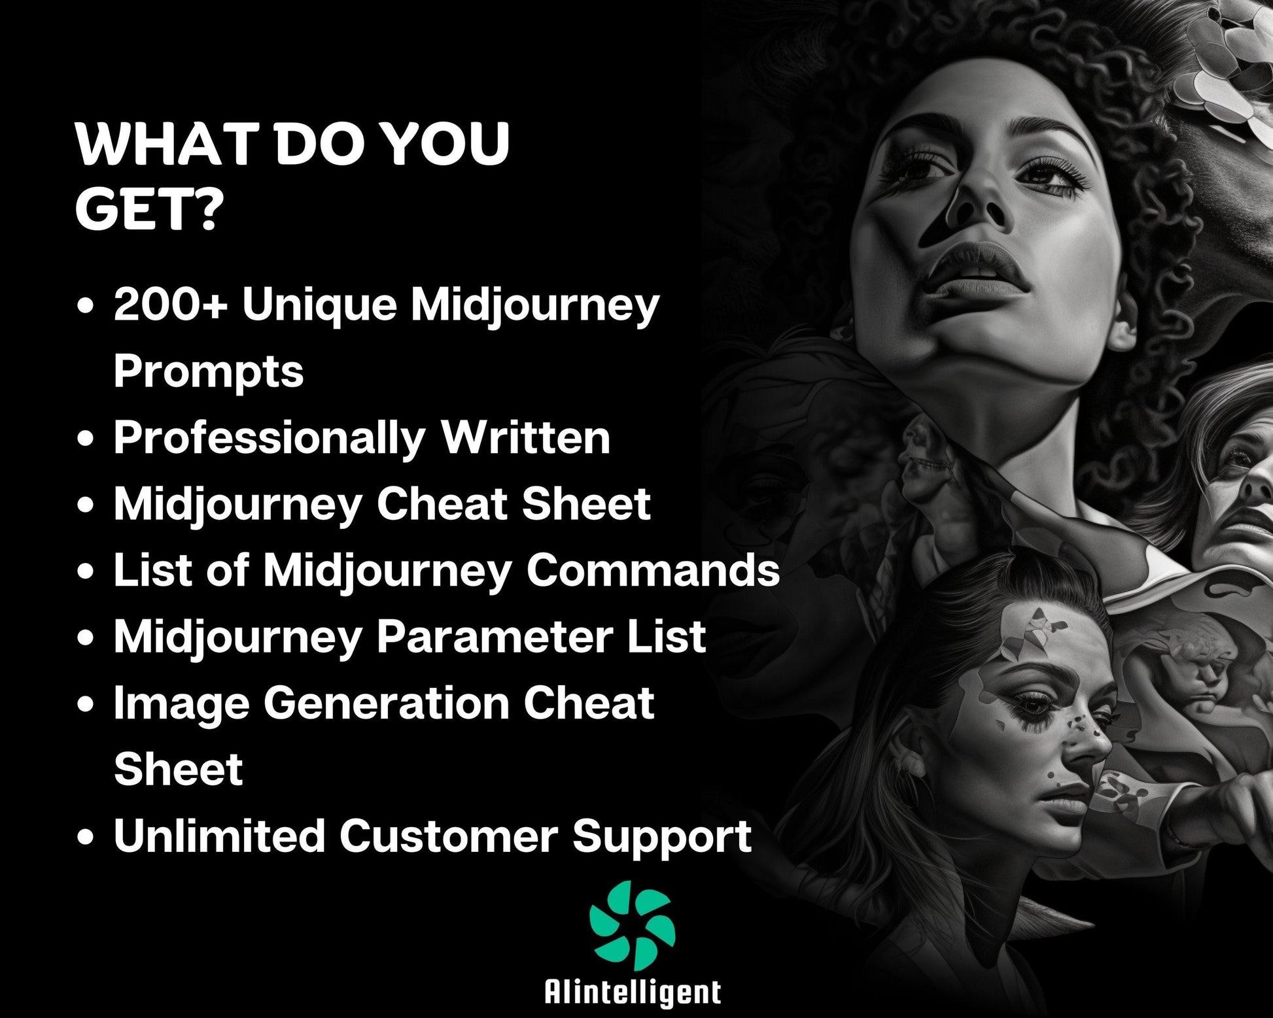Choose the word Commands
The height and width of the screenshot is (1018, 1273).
click(x=653, y=570)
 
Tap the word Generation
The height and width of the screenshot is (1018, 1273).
click(x=386, y=703)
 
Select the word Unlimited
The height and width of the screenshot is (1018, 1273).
click(x=219, y=836)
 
